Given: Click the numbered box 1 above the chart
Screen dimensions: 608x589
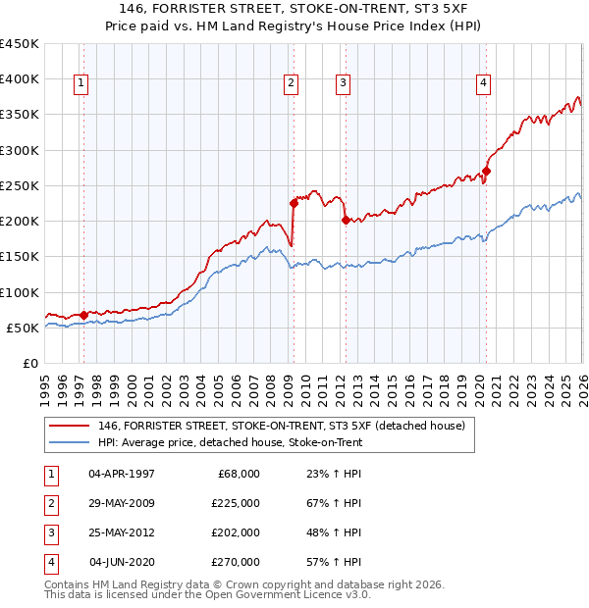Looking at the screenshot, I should (80, 84).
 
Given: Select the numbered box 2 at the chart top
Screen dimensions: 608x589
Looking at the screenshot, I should (292, 84).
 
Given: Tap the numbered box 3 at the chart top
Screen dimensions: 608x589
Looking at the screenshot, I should (343, 84).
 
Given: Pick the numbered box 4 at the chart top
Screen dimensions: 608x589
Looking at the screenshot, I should (484, 84).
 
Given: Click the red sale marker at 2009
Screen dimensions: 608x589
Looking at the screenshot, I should (294, 203).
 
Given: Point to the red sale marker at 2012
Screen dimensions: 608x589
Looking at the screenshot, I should (346, 220).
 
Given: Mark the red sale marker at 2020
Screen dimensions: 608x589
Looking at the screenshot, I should (486, 172).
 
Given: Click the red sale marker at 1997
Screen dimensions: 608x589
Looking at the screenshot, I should (83, 315).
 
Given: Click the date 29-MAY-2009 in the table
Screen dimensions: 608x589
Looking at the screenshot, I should (122, 503).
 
